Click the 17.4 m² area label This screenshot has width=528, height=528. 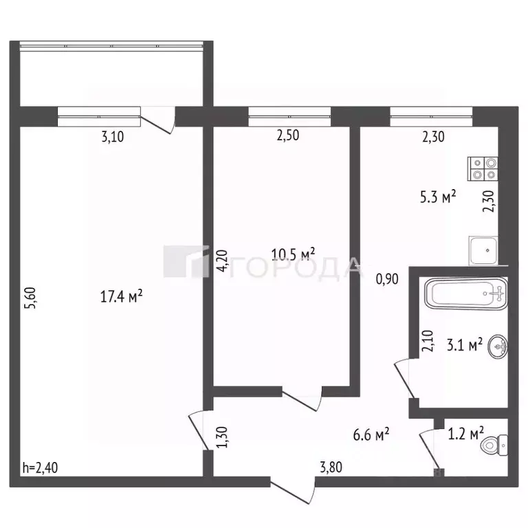pyautogui.click(x=121, y=296)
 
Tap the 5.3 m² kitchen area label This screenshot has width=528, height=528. pyautogui.click(x=438, y=197)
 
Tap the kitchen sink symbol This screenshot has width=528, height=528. pyautogui.click(x=483, y=250)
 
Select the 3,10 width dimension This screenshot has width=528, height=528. pyautogui.click(x=113, y=137)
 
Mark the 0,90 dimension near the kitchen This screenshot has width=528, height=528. pyautogui.click(x=386, y=279)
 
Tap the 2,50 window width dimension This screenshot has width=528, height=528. pyautogui.click(x=288, y=137)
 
